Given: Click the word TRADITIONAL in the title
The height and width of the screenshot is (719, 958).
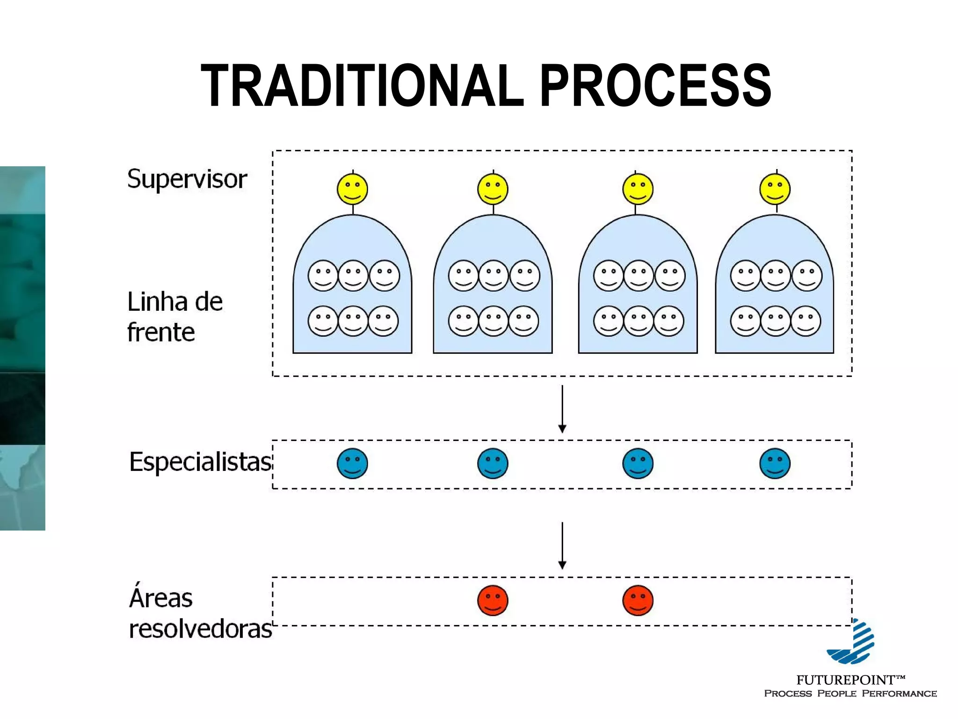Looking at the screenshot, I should point(363,87).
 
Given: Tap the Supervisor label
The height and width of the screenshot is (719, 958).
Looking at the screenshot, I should point(187,179).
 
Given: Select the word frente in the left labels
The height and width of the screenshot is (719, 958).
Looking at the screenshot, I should point(161,333).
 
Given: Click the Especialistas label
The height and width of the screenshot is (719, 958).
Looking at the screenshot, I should point(200,462).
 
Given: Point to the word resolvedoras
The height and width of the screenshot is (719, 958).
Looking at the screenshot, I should point(200,629).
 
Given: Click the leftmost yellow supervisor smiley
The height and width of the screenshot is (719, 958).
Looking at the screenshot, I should point(352,189).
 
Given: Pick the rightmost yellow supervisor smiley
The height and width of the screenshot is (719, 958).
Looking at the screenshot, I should point(775,189).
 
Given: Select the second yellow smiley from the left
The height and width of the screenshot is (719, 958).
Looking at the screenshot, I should point(493,189).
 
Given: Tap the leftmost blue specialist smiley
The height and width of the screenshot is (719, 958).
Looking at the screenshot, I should point(352,463).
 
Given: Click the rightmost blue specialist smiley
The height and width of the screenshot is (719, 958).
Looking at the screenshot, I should point(775,463).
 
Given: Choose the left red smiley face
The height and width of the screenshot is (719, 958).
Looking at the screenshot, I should point(493,600).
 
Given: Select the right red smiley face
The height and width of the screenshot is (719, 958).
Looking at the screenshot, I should point(638,600).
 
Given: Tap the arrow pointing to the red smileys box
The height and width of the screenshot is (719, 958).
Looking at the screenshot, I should point(562,545).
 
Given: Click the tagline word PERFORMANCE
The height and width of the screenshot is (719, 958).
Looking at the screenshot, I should point(899,694).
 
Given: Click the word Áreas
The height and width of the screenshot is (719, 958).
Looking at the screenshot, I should point(160,598).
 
